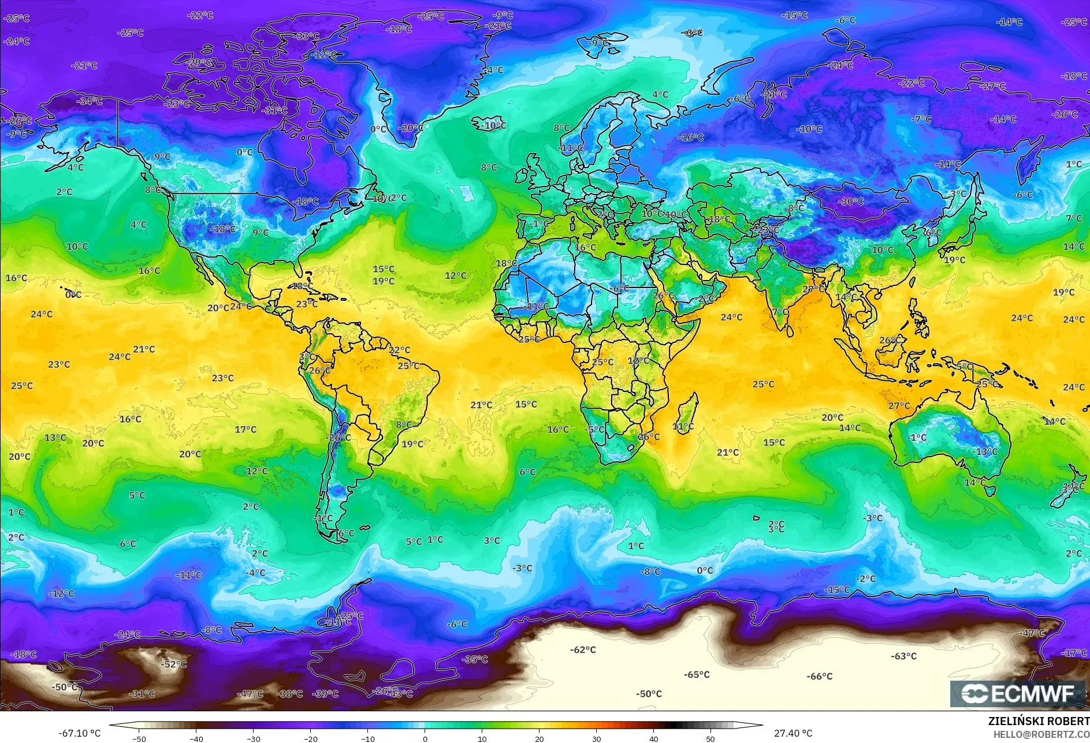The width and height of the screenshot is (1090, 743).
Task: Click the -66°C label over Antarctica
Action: tap(819, 676)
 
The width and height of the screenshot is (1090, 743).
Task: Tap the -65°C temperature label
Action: tap(696, 674)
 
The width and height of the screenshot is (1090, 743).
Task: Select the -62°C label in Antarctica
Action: tap(583, 649)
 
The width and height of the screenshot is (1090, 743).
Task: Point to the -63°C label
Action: tap(903, 656)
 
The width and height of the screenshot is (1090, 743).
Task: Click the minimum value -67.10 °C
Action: tap(79, 733)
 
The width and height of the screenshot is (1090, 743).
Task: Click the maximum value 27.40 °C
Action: tap(793, 733)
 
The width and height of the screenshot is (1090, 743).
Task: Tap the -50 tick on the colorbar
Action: tap(139, 738)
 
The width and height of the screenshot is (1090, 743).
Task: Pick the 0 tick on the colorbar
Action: tap(425, 738)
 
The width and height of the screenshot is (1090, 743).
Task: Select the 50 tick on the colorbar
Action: tap(710, 738)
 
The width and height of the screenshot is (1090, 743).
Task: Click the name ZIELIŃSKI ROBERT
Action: tap(1039, 721)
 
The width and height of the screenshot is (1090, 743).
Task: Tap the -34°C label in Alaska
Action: tap(90, 102)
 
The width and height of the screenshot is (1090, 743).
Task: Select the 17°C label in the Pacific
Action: tap(245, 429)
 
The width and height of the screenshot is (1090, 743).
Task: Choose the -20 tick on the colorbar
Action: tap(310, 738)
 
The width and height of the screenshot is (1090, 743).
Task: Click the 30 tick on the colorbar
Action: tap(596, 738)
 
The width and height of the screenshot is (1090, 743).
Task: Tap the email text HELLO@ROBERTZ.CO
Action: tap(1041, 734)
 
